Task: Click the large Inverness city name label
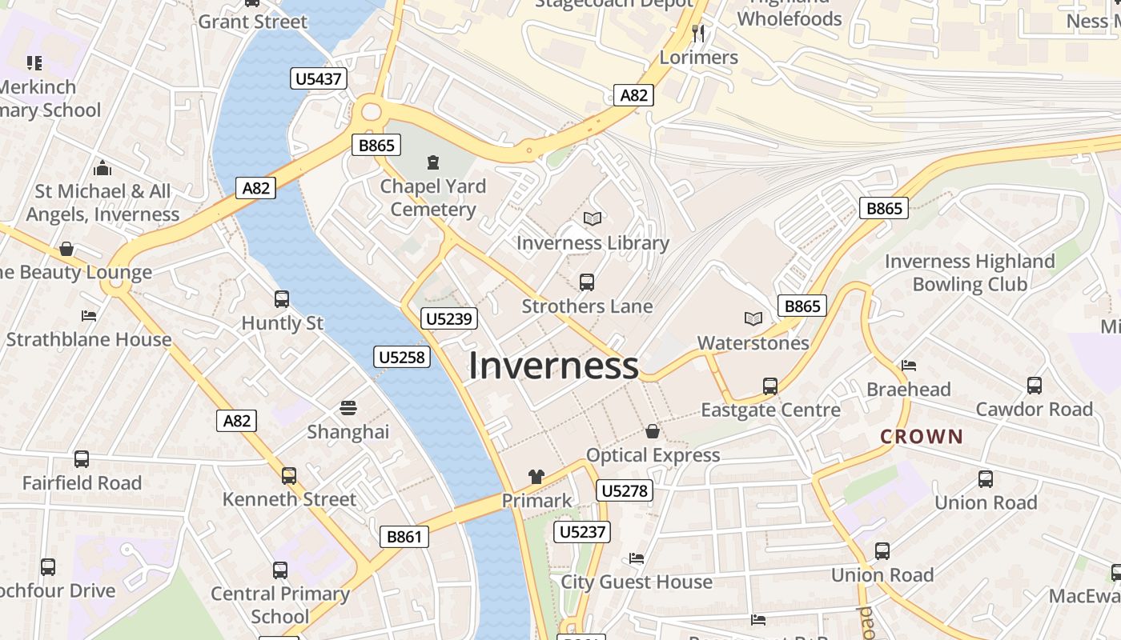(553, 366)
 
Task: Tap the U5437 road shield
(319, 78)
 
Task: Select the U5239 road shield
(449, 318)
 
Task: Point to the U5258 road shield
(401, 357)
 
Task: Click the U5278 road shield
(624, 490)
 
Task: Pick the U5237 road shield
(582, 532)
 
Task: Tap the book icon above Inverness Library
(593, 218)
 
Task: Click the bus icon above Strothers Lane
(587, 282)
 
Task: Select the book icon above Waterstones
(753, 318)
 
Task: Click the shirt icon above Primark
(536, 477)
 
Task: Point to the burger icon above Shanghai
(348, 408)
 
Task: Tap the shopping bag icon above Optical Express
(653, 431)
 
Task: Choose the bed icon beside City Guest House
(637, 558)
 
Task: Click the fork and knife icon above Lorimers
(698, 33)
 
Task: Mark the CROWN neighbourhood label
(922, 436)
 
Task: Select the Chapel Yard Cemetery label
(433, 198)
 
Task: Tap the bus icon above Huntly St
(282, 299)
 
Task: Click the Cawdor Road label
(1034, 409)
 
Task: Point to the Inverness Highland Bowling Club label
(970, 273)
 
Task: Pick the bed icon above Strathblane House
(89, 315)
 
